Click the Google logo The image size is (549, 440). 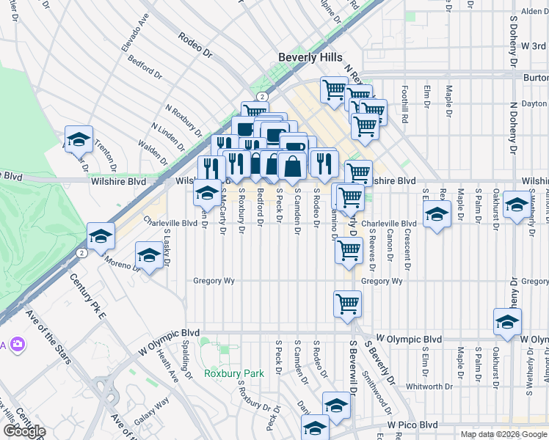click(x=23, y=430)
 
